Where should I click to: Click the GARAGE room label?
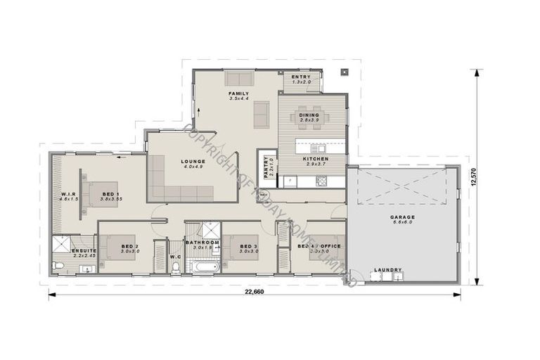[x=403, y=217]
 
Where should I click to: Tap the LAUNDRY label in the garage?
[x=388, y=269]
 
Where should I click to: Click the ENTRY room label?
[x=302, y=77]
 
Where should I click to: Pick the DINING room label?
[x=309, y=115]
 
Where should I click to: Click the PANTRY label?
[x=266, y=167]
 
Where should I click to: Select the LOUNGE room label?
[x=192, y=161]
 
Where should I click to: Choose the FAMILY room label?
[x=239, y=93]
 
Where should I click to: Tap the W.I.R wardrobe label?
[x=68, y=193]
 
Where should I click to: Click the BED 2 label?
[x=130, y=245]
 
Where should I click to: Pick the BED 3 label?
[x=250, y=245]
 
